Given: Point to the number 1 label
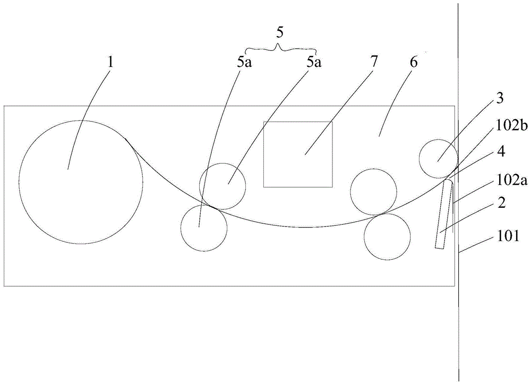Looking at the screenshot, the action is point(110,62).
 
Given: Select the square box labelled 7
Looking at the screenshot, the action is point(298,154).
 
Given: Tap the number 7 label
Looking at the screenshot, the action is point(374,62).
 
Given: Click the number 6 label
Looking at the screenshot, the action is point(414,62).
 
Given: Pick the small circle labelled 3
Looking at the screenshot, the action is point(438,159).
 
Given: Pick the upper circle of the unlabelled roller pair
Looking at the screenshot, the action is point(374,192).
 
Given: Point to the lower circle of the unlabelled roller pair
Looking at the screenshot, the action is point(387,237).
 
